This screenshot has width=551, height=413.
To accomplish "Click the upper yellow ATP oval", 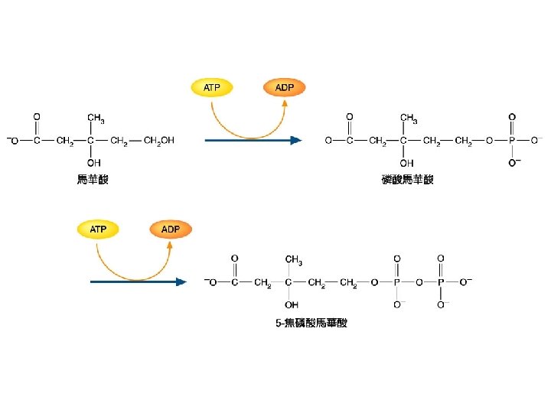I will click(211, 87).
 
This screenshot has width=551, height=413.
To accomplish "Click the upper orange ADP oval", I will click(284, 87).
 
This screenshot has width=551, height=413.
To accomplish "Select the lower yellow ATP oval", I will click(99, 229).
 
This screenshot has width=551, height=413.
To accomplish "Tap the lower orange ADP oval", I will click(171, 229).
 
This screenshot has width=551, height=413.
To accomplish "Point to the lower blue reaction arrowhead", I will click(181, 282).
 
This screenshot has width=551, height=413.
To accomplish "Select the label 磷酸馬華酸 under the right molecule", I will click(407, 180).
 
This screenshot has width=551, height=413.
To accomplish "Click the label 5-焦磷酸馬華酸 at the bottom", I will click(311, 323).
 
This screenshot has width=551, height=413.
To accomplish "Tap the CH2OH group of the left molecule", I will click(159, 141).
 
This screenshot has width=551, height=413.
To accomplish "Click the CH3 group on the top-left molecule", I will click(96, 118).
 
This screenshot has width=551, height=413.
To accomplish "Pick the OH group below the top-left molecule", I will click(93, 163).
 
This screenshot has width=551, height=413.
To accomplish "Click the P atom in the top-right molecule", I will click(512, 141).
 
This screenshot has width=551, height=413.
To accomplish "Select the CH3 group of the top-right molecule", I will click(409, 118).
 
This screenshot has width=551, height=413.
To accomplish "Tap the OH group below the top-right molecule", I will click(406, 163).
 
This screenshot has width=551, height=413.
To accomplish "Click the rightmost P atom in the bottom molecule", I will click(441, 282).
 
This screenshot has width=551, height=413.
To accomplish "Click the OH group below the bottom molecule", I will click(290, 304).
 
